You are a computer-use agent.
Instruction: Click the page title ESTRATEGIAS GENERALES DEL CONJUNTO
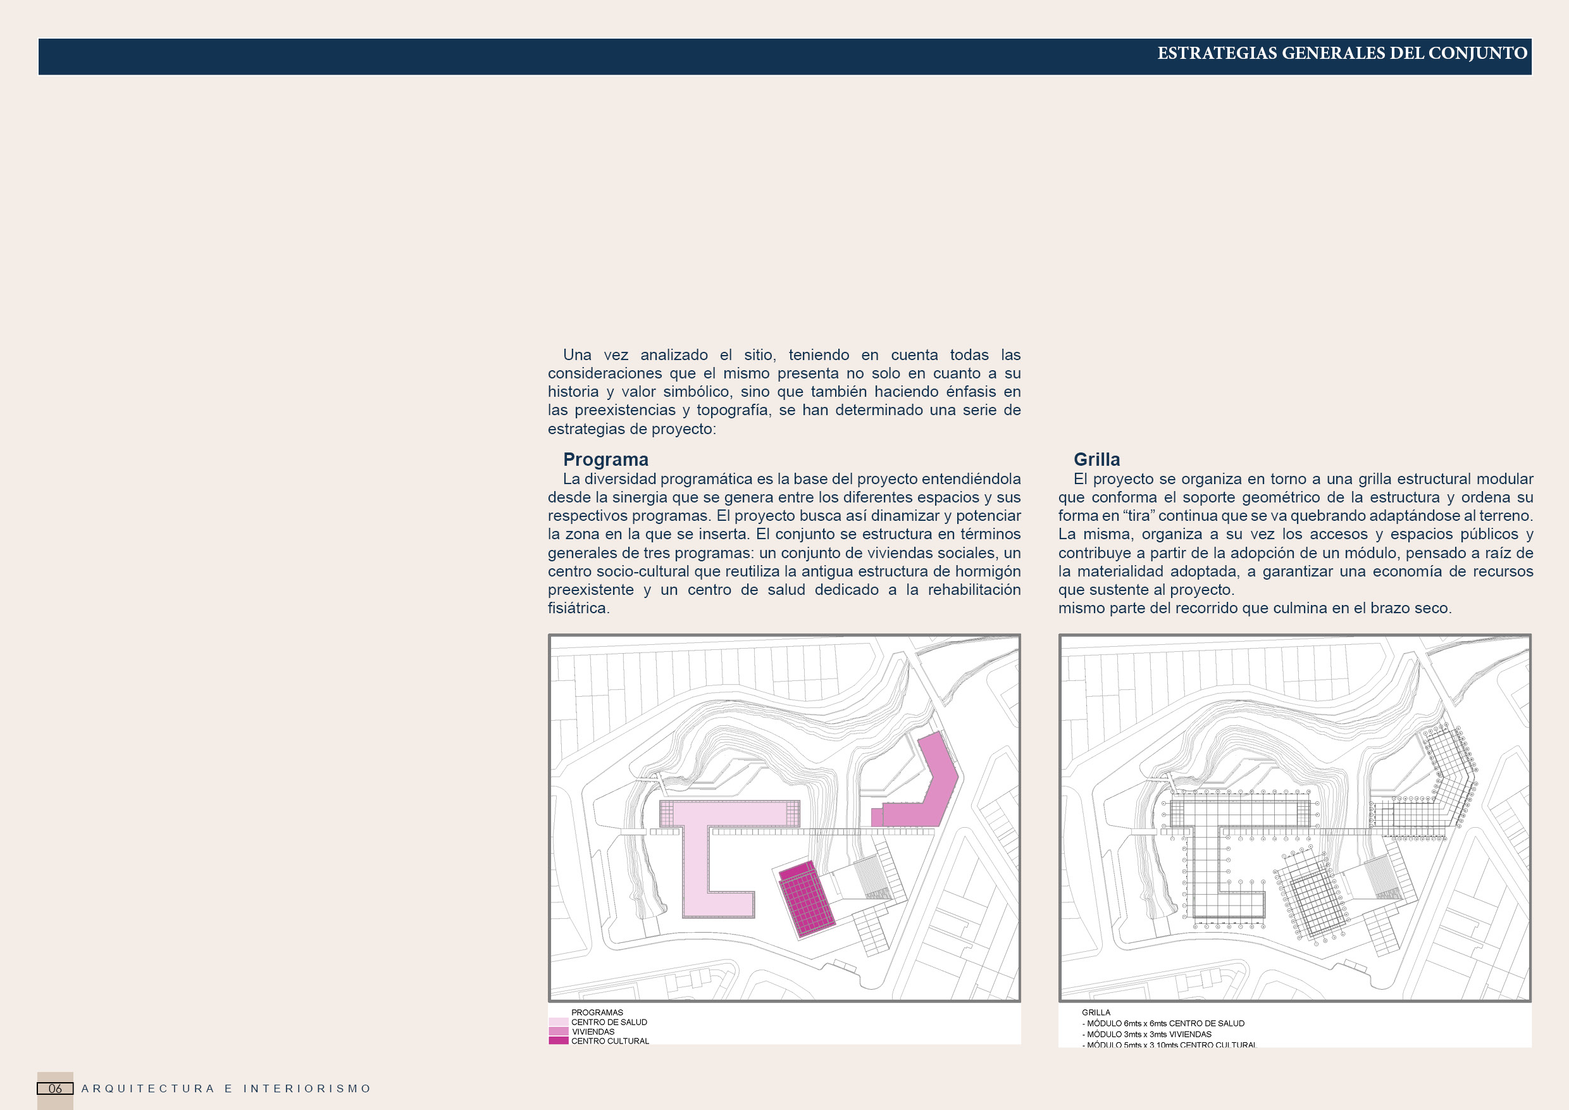point(1341,53)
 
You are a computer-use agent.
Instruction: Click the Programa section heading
point(605,459)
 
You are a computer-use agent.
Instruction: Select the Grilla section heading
point(1096,459)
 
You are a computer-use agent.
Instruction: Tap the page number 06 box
point(54,1088)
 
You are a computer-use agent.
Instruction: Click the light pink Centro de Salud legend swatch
point(558,1022)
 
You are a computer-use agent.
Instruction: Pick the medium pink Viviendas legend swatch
point(558,1032)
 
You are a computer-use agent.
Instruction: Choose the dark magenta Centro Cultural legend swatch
point(558,1040)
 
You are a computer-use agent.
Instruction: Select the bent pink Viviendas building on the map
point(936,786)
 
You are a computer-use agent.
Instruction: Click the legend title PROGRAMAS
point(597,1013)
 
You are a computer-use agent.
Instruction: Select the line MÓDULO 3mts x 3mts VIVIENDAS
point(1148,1034)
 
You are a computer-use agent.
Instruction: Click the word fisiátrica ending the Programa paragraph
point(578,608)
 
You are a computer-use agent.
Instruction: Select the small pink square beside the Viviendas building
point(877,817)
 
